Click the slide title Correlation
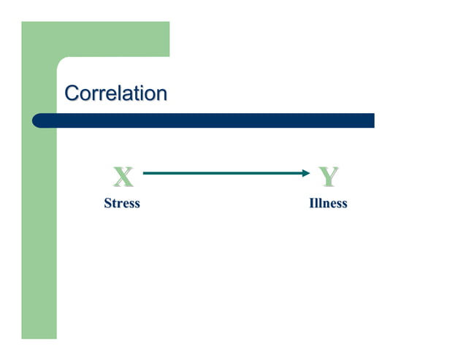tap(115, 93)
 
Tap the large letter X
tap(123, 176)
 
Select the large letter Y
tap(329, 176)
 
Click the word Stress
tap(122, 203)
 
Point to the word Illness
tap(328, 203)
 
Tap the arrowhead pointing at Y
tap(306, 173)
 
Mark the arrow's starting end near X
tap(145, 173)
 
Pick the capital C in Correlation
tap(72, 93)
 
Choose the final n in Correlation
tap(161, 94)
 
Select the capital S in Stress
tap(108, 203)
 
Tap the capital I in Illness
tap(312, 203)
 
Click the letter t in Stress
tap(115, 204)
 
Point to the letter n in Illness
tap(326, 204)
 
